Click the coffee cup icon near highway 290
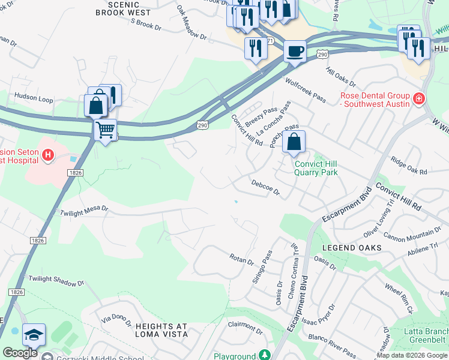pos(294,50)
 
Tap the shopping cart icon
pos(106,129)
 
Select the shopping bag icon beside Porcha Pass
pos(294,142)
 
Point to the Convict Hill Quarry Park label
pos(316,168)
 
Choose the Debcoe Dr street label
pos(265,187)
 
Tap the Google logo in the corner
pos(20,353)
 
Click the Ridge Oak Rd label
pos(409,167)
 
